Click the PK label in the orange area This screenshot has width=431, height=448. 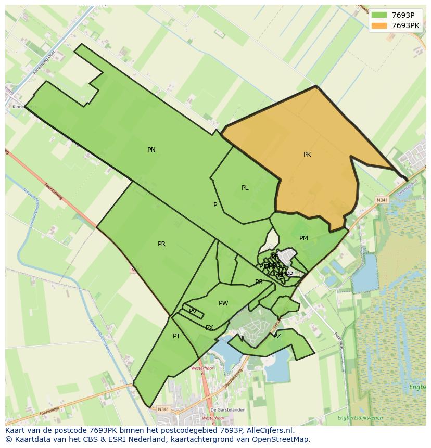pos(307,155)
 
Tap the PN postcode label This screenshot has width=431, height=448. pos(151,150)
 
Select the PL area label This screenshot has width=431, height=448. pos(245,188)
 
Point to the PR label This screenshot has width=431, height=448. pos(161,244)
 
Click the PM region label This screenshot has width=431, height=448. pos(303,238)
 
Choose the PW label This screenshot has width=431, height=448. pos(223,303)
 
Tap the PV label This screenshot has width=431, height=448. pos(193,311)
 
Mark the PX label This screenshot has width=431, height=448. pos(209,328)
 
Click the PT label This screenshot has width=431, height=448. pos(176,336)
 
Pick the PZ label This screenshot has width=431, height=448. pos(277,336)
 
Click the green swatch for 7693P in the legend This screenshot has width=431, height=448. pos(379,15)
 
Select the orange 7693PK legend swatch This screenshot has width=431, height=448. pos(379,25)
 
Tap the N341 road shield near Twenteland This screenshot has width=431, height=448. pos(382,200)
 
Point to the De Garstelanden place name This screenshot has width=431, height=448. pos(229,410)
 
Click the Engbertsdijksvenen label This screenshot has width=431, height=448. pos(360,418)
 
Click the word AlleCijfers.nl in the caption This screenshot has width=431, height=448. pos(270,430)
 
